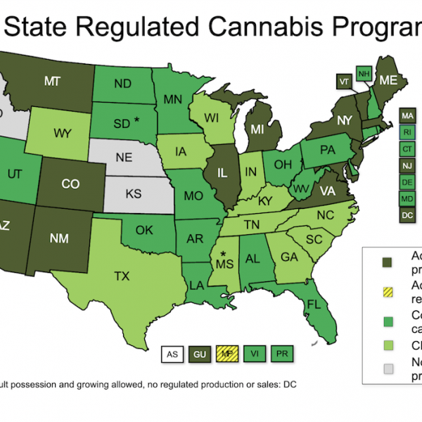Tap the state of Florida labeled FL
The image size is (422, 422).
[314, 306]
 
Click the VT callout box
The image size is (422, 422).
[345, 81]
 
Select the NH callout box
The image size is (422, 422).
[364, 74]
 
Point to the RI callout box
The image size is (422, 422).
[407, 132]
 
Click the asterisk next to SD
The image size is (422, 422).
[138, 120]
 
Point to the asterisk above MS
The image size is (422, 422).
[224, 253]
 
